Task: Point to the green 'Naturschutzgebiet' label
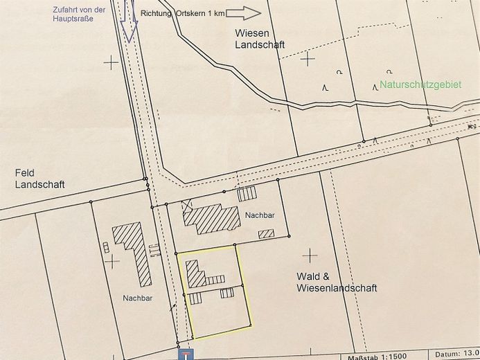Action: [x=420, y=85]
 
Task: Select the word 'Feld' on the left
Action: [x=24, y=172]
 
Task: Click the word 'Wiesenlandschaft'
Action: [x=337, y=288]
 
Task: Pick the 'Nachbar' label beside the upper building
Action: [x=260, y=215]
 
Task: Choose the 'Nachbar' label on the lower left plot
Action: [x=138, y=298]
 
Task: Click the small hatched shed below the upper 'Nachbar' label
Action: [x=266, y=234]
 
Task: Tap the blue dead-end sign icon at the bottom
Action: [x=186, y=354]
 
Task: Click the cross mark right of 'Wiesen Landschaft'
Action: [x=308, y=58]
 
